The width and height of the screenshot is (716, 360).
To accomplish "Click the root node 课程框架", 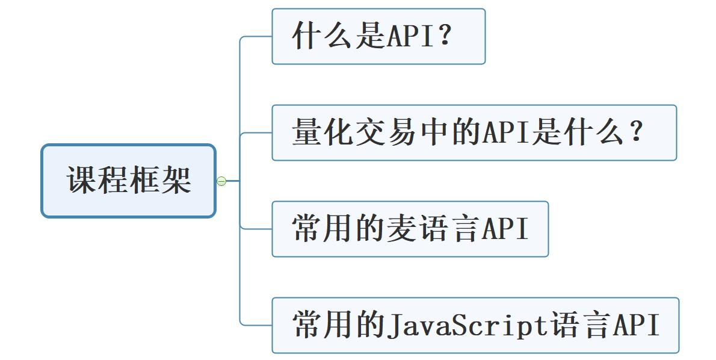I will click(x=128, y=181).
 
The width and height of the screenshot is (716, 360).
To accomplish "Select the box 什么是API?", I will click(x=378, y=36).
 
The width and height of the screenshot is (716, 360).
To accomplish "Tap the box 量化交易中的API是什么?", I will click(x=474, y=132).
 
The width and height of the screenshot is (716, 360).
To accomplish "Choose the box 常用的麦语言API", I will click(x=410, y=229).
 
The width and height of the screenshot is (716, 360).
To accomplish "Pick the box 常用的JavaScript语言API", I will click(x=475, y=325).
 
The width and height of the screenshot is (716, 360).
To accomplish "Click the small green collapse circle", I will click(x=221, y=181).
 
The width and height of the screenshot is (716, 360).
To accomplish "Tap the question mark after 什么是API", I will click(x=446, y=37).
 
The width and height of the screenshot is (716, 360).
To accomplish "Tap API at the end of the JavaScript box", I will click(x=636, y=326).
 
